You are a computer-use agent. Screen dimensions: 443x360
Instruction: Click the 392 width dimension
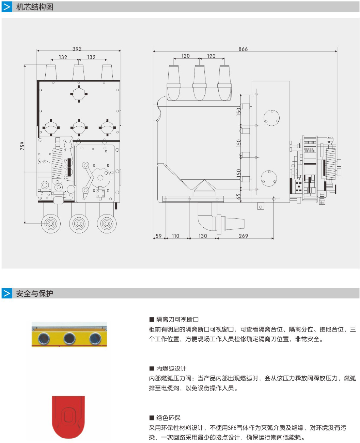tap(77, 49)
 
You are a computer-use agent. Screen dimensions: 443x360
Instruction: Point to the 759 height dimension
tap(22, 146)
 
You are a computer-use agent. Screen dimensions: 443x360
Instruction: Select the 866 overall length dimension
tap(243, 49)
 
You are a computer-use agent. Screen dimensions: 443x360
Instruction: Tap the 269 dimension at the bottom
tap(243, 236)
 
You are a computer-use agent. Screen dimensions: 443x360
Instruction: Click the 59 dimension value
tap(158, 236)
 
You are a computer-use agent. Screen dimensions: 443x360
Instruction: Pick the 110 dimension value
tap(176, 236)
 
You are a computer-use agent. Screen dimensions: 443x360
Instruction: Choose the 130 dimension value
tap(203, 236)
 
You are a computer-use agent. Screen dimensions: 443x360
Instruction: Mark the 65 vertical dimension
tap(238, 196)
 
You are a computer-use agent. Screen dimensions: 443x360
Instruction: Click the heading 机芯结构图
tap(35, 7)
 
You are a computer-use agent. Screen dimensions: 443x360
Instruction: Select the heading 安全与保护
tap(35, 293)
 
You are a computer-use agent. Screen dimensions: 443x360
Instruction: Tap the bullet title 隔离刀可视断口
tap(177, 319)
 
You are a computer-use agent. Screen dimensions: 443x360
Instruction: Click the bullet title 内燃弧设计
tap(171, 368)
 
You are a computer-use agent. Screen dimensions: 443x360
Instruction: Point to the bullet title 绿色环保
tap(168, 418)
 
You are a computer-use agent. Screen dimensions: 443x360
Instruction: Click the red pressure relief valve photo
tap(68, 416)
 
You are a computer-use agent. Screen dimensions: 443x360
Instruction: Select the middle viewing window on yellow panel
tap(70, 338)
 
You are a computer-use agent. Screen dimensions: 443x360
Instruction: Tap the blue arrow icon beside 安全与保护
tap(7, 293)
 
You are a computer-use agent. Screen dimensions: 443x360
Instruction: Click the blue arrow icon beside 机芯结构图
tap(7, 7)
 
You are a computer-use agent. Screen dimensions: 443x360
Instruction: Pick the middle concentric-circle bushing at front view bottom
tap(78, 224)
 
